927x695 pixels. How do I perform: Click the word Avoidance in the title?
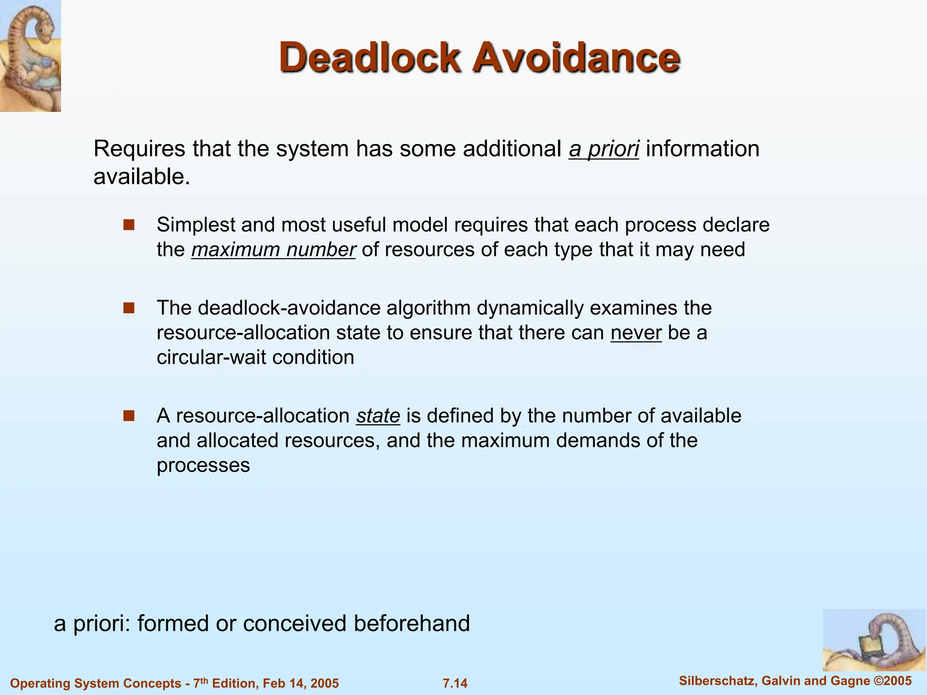[x=576, y=58]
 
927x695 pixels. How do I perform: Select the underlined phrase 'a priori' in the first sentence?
[x=604, y=149]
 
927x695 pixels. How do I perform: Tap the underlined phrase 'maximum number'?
[x=273, y=250]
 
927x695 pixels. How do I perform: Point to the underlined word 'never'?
[x=636, y=333]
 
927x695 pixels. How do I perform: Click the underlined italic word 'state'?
[x=378, y=416]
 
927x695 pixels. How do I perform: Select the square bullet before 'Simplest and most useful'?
[x=129, y=225]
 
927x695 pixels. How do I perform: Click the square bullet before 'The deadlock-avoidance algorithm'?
[x=129, y=308]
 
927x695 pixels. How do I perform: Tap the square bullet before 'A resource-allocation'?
[x=129, y=416]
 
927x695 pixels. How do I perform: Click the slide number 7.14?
[x=455, y=683]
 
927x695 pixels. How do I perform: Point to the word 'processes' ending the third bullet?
[x=203, y=465]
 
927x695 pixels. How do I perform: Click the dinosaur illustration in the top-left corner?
[x=30, y=56]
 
